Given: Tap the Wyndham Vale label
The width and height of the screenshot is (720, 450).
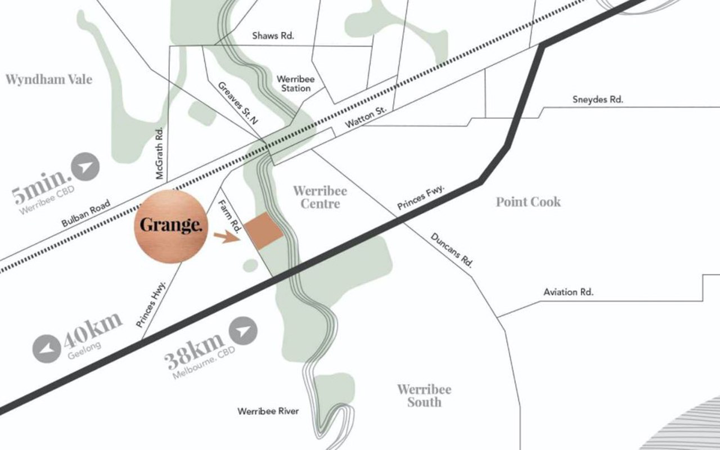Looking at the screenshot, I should click(x=48, y=79).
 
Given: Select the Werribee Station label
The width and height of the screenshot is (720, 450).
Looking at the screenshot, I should click(x=293, y=84).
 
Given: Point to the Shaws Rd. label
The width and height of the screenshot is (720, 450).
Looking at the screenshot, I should click(x=273, y=35).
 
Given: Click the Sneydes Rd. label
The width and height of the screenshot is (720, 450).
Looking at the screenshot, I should click(x=598, y=100).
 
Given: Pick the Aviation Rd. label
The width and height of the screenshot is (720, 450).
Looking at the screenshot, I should click(x=568, y=292).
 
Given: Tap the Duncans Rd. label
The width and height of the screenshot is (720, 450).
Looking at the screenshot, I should click(x=452, y=250).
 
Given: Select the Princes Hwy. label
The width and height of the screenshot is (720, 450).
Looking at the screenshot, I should click(x=152, y=304).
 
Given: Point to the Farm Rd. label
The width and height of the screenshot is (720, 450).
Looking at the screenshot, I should click(x=230, y=216).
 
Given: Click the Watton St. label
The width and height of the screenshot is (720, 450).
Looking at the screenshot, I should click(x=366, y=115).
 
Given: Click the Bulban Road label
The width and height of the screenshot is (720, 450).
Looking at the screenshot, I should click(x=86, y=214).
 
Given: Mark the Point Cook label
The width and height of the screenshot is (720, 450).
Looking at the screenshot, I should click(x=528, y=201).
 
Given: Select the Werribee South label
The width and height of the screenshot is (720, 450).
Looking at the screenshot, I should click(x=424, y=395).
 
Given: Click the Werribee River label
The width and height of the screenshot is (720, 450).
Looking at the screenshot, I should click(x=268, y=411).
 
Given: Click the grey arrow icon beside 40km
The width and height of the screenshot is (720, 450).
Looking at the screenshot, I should click(x=47, y=349).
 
